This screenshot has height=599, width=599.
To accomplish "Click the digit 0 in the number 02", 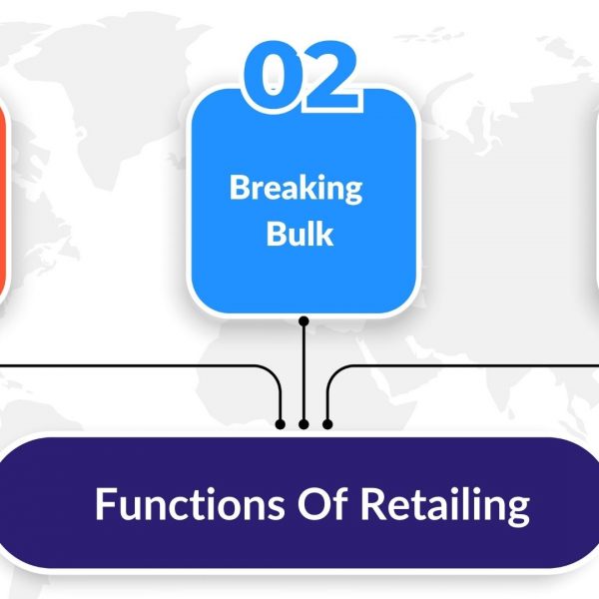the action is (x=271, y=75).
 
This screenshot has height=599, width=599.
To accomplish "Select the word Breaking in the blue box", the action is (x=297, y=189).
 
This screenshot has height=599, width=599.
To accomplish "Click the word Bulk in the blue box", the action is (x=299, y=234).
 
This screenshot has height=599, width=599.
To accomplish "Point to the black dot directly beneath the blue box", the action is (x=303, y=321).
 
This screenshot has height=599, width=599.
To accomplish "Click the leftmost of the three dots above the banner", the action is (x=280, y=424).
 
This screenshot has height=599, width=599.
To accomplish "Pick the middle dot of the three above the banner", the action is (x=303, y=424).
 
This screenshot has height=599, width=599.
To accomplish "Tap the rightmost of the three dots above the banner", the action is (x=327, y=424).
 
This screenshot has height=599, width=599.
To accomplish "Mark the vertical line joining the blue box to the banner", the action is (x=303, y=372).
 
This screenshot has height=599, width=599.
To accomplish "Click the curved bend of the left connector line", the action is (x=275, y=372).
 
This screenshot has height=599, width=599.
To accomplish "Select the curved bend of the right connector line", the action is (x=333, y=372).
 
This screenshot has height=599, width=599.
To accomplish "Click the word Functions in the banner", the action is (x=190, y=503).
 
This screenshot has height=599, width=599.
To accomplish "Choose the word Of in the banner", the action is (x=322, y=503).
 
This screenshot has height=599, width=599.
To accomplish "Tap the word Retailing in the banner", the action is (x=445, y=506).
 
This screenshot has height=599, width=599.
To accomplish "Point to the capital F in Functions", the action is (x=105, y=503).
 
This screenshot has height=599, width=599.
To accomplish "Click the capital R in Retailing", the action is (x=373, y=503).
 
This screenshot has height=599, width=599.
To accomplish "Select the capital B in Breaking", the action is (x=240, y=187).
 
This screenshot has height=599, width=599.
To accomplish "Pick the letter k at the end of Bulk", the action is (x=323, y=233).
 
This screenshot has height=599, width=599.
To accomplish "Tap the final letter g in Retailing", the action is (x=518, y=511).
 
